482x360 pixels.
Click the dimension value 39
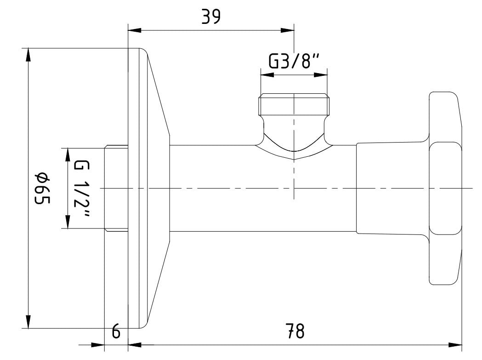211,17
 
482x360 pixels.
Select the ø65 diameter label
42,189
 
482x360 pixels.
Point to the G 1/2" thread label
81,189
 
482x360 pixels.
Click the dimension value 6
116,331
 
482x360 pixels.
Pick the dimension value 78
295,331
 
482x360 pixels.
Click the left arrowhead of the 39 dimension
134,30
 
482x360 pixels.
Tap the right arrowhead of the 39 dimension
288,30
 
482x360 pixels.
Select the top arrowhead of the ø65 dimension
28,55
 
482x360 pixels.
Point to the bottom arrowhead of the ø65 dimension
28,321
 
